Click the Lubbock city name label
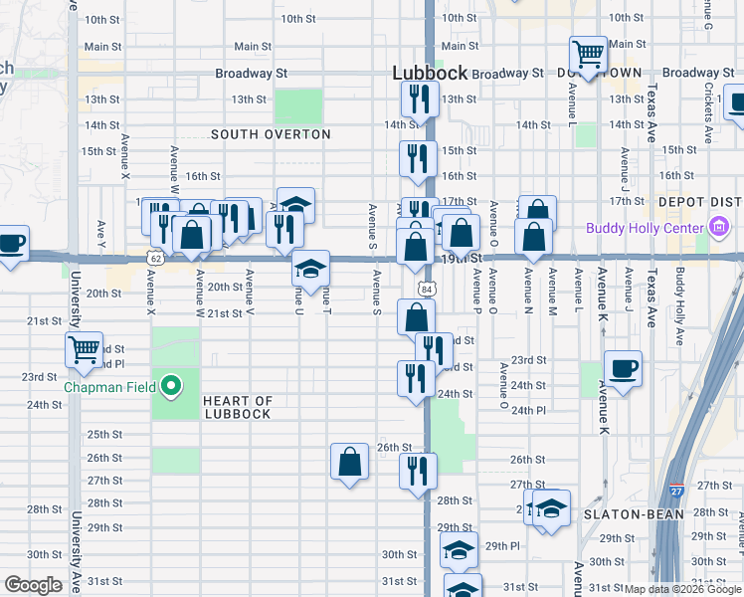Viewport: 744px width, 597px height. (x=429, y=72)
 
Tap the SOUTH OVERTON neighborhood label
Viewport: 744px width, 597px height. (x=271, y=134)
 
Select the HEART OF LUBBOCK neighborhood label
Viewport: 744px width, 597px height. (x=237, y=407)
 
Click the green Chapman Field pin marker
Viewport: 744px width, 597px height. (x=172, y=386)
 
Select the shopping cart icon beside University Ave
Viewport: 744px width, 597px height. (x=85, y=349)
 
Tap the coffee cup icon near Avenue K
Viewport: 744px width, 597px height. (x=623, y=368)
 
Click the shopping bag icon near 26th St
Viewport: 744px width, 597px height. (x=349, y=461)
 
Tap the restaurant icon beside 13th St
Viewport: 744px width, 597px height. (x=419, y=98)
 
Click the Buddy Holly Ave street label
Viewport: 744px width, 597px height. (x=680, y=305)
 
